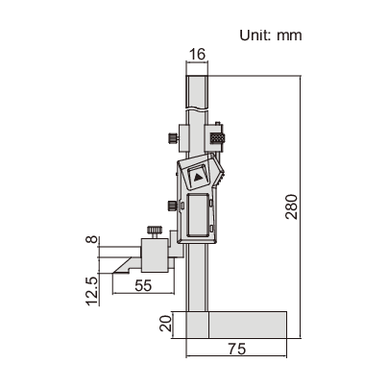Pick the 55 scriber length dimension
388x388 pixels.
click(144, 286)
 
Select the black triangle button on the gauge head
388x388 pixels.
click(197, 177)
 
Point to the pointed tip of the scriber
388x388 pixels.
click(112, 271)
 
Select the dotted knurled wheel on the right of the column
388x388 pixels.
click(219, 137)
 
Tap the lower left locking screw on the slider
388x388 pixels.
click(171, 204)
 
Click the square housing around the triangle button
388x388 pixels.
click(197, 178)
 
